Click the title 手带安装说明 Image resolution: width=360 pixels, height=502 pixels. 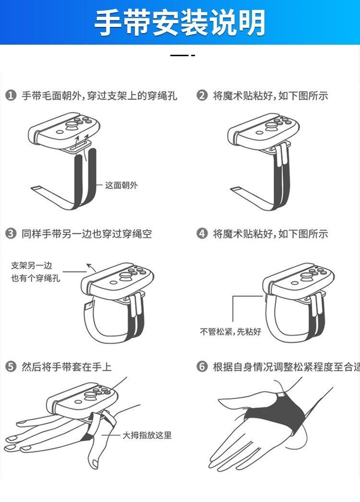(x=180, y=23)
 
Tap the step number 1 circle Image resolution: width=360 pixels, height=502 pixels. (x=11, y=96)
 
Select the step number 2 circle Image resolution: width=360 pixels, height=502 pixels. (x=202, y=96)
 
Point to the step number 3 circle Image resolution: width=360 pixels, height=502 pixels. (x=11, y=233)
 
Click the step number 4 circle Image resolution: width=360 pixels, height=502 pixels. (x=202, y=233)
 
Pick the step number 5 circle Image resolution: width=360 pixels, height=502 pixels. (x=11, y=366)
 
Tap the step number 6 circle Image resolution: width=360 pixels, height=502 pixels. (x=202, y=366)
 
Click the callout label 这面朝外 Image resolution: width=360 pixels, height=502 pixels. (x=121, y=185)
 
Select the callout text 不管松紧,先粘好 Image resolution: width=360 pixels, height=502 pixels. (x=230, y=331)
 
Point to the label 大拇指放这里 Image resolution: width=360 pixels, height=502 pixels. (x=147, y=435)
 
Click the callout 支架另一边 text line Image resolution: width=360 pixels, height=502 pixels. (x=31, y=265)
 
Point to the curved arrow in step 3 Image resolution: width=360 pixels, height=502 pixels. (x=92, y=267)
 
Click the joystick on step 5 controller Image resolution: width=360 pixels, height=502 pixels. (x=90, y=396)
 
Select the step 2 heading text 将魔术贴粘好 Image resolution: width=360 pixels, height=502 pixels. (x=244, y=96)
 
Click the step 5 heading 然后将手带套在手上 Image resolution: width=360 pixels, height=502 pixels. (x=67, y=366)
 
